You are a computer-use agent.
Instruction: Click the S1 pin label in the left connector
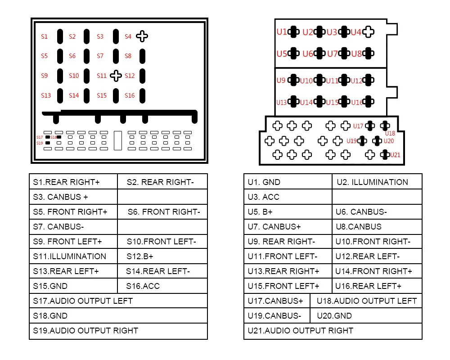click(44, 36)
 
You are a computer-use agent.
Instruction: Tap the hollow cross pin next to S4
click(142, 36)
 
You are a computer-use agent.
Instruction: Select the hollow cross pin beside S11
click(116, 76)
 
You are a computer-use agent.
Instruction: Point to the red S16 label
click(130, 95)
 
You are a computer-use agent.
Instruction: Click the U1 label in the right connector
click(282, 32)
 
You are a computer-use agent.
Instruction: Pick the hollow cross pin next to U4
click(369, 32)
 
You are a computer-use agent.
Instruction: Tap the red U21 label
click(395, 155)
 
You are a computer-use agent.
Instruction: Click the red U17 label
click(358, 126)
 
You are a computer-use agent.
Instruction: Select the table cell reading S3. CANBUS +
click(73, 197)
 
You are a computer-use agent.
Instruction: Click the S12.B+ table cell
click(162, 256)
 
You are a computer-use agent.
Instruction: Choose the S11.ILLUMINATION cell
click(73, 256)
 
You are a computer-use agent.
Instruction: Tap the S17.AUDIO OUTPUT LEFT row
click(118, 301)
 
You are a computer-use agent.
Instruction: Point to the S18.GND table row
click(118, 316)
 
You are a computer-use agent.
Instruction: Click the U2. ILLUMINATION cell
click(377, 182)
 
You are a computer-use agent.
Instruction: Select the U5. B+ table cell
click(288, 212)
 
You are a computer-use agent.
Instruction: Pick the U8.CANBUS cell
click(377, 227)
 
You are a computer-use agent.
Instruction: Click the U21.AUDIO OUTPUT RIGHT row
click(333, 331)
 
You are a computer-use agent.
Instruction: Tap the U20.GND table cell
click(366, 316)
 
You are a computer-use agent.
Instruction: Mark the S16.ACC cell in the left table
click(162, 286)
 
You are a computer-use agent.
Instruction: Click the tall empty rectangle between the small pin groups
click(118, 141)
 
